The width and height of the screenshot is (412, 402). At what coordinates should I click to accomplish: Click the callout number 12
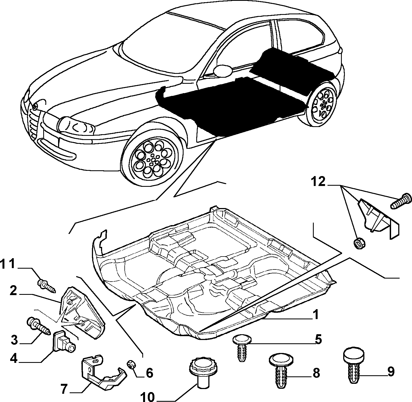click(x=318, y=182)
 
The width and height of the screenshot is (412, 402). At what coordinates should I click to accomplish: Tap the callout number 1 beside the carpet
click(x=315, y=315)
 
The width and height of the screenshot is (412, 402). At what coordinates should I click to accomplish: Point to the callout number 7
click(x=64, y=389)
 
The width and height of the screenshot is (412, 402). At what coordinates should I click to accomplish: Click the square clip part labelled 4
click(x=64, y=342)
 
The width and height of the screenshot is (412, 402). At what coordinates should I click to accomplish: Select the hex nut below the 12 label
click(x=358, y=243)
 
